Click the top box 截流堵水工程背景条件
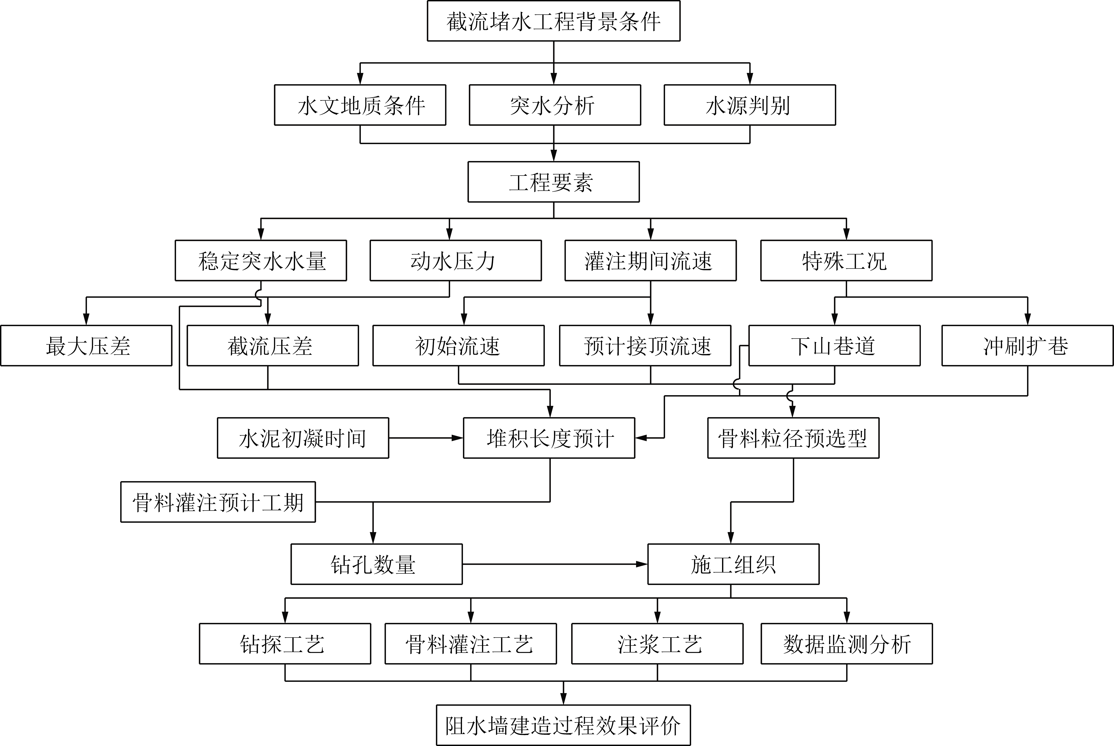coord(553,21)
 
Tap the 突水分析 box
coord(555,105)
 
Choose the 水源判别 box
coord(749,105)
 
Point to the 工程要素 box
coord(553,182)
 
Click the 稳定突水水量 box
coord(261,261)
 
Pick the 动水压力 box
coord(455,261)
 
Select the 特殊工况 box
coord(846,261)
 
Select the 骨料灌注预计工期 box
coord(218,502)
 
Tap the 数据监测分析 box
coord(847,644)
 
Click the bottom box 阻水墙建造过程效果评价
coord(564,725)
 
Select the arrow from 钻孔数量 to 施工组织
coord(555,564)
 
